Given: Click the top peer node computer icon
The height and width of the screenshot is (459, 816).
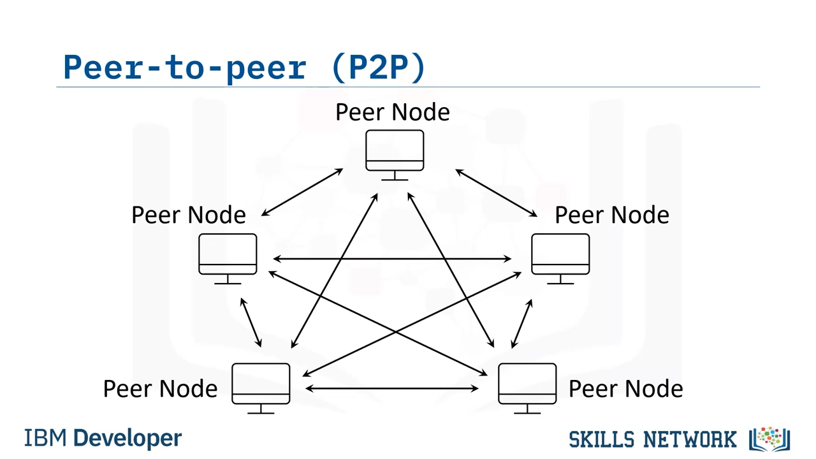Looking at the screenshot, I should click(395, 153).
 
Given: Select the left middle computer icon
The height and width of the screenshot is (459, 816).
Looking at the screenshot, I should click(228, 256).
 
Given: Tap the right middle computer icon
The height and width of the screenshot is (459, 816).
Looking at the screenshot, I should click(560, 256).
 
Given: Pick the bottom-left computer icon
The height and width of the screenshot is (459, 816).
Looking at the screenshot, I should click(261, 386).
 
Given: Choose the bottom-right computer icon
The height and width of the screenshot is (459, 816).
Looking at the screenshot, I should click(527, 386).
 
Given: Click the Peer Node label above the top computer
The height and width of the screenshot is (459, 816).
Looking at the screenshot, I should click(393, 112).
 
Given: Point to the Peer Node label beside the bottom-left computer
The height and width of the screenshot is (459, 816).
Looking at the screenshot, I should click(161, 389).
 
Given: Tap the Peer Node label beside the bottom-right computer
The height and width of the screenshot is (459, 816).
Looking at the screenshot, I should click(625, 389).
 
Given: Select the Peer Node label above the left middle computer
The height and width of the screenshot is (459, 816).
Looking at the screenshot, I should click(189, 215).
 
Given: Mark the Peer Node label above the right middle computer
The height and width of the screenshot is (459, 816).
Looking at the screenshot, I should click(612, 215).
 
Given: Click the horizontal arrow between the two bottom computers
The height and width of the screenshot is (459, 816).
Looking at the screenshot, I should click(392, 388).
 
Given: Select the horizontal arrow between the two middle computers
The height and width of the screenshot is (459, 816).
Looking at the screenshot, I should click(392, 259).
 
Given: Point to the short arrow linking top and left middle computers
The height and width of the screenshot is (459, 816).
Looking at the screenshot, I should click(302, 193).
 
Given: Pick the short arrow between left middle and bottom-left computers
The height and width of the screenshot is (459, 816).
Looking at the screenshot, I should click(251, 323).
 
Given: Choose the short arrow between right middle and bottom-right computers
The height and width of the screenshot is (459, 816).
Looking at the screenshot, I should click(521, 324).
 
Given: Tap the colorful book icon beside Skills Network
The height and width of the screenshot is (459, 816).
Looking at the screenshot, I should click(770, 439).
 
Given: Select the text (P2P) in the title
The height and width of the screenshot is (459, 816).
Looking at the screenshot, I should click(379, 67).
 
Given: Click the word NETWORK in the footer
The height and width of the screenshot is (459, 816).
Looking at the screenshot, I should click(689, 439).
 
